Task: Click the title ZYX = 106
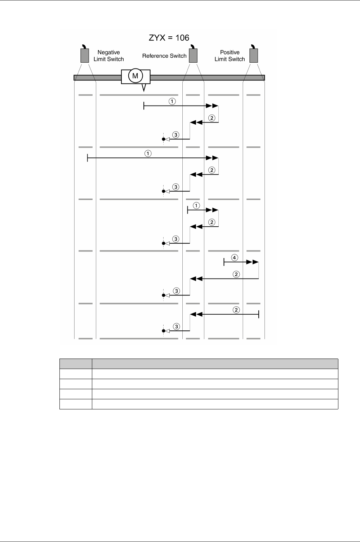(x=169, y=37)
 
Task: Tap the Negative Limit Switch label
(x=108, y=56)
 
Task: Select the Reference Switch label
(x=164, y=56)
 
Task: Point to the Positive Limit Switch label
(x=230, y=56)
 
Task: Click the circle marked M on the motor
(x=135, y=76)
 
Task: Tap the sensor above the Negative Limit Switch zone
(x=85, y=55)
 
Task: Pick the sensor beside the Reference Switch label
(x=193, y=55)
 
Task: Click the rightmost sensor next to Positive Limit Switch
(x=254, y=55)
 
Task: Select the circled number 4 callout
(x=235, y=258)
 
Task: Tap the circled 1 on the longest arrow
(x=148, y=154)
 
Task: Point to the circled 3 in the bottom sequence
(x=176, y=326)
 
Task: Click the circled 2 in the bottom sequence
(x=236, y=310)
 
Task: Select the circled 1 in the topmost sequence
(x=172, y=102)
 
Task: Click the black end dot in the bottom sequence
(x=164, y=331)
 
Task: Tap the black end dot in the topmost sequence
(x=164, y=139)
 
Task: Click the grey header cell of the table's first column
(x=76, y=364)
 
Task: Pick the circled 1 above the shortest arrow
(x=196, y=206)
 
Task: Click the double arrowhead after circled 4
(x=254, y=262)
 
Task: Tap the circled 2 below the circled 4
(x=236, y=274)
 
